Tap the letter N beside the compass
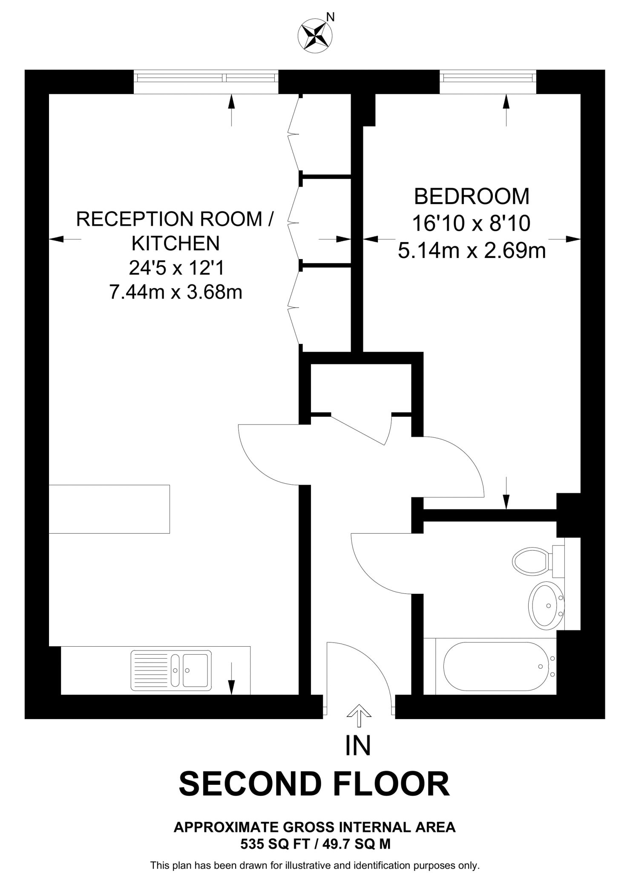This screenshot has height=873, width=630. (331, 17)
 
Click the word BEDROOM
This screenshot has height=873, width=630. (472, 197)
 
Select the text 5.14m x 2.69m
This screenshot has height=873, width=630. (472, 251)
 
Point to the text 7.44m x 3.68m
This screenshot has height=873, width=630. (175, 292)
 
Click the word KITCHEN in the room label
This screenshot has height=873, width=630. (175, 243)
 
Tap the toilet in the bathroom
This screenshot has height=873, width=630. (531, 561)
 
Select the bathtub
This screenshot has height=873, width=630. (496, 667)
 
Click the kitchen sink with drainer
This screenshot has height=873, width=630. (171, 671)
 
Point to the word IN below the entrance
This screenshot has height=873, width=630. (358, 745)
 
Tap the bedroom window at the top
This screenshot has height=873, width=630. (488, 78)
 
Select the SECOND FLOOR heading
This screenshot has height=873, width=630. (314, 784)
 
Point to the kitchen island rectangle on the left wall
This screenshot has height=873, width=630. (109, 509)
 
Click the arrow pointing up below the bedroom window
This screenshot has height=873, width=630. (506, 110)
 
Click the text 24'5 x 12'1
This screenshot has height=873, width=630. (176, 268)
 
